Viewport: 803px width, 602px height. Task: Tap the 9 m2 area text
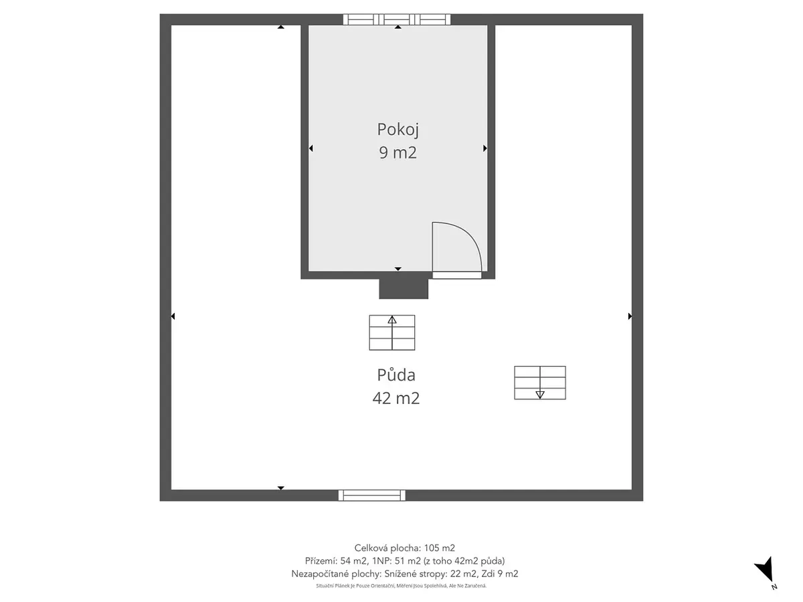397,153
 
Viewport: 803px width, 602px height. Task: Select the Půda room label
396,375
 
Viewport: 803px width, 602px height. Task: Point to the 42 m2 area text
396,398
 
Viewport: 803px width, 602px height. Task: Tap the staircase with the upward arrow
392,332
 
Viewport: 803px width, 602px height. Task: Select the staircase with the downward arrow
539,383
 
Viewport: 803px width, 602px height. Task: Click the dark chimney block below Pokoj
404,289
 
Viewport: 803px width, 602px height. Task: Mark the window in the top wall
397,19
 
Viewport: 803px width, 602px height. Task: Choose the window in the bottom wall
371,495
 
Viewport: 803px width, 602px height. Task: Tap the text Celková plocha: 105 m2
405,548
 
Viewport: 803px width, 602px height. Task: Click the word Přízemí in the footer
321,561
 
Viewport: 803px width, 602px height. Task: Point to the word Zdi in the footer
487,573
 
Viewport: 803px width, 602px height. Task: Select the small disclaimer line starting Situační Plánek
401,586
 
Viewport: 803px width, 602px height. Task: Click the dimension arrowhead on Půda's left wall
173,316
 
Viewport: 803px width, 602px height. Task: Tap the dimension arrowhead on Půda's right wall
630,316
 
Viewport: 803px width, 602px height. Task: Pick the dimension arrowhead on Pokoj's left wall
310,148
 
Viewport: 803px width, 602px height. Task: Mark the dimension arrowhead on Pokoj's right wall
485,148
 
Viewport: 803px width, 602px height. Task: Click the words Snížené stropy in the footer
416,574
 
